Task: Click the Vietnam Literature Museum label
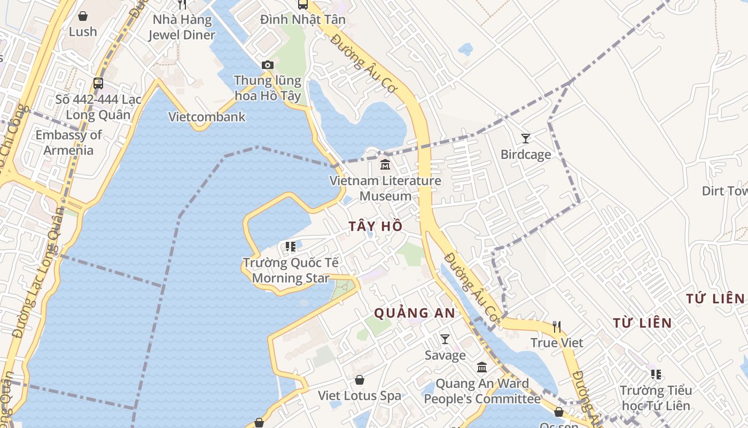[x=385, y=188]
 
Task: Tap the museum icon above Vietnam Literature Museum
[x=385, y=165]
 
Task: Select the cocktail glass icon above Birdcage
[x=526, y=139]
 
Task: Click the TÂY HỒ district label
[x=376, y=226]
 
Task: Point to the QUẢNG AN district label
[x=415, y=313]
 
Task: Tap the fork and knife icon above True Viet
[x=557, y=326]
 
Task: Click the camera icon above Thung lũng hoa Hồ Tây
[x=268, y=65]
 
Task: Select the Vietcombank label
[x=207, y=117]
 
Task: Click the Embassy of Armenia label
[x=68, y=142]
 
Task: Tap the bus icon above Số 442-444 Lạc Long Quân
[x=98, y=83]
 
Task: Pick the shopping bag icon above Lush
[x=83, y=16]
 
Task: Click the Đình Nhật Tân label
[x=303, y=20]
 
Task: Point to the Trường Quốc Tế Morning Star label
[x=291, y=270]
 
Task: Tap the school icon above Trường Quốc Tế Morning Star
[x=291, y=247]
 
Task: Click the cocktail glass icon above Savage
[x=445, y=339]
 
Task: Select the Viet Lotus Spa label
[x=360, y=396]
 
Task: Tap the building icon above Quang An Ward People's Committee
[x=482, y=367]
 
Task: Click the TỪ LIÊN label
[x=642, y=323]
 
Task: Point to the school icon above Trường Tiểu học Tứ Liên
[x=656, y=374]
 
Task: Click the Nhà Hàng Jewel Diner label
[x=182, y=28]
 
